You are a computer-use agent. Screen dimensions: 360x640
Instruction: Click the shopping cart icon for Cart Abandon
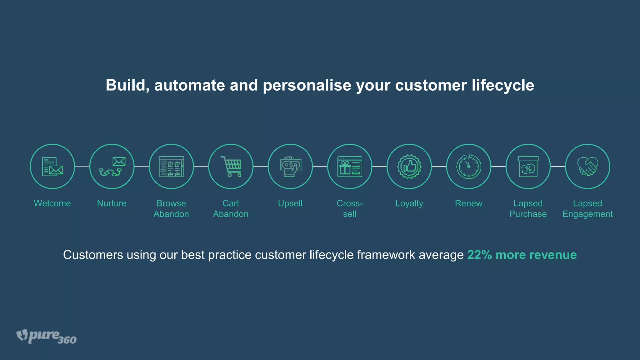pos(231,166)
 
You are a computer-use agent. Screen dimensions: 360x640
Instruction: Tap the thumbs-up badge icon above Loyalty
pos(409,166)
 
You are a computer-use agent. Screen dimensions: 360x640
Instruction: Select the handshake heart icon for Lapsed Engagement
pos(587,166)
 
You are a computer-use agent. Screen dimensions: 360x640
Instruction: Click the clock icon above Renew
pos(468,166)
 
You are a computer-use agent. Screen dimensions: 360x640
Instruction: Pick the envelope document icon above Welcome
pos(52,166)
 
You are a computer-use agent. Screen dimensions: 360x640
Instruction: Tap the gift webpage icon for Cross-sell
pos(350,166)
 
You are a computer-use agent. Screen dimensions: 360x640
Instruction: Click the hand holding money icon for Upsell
pos(290,166)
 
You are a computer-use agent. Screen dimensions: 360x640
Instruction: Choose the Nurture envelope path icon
pos(112,166)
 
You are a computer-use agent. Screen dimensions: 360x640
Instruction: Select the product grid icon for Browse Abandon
pos(171,166)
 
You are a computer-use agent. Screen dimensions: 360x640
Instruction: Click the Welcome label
pos(52,203)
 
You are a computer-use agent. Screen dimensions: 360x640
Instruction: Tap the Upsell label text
pos(290,203)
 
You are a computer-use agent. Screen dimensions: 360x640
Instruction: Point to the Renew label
pos(468,203)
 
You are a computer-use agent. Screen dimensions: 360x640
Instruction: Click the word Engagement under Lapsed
pos(587,214)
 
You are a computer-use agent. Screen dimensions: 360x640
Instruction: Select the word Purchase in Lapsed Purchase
pos(528,214)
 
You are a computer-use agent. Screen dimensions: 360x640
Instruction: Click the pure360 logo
pos(46,336)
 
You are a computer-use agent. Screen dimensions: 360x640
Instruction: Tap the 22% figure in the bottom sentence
pos(479,255)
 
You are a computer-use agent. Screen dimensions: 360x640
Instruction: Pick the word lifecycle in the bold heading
pos(503,85)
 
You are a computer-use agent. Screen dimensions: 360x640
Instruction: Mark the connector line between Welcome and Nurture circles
pos(82,166)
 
